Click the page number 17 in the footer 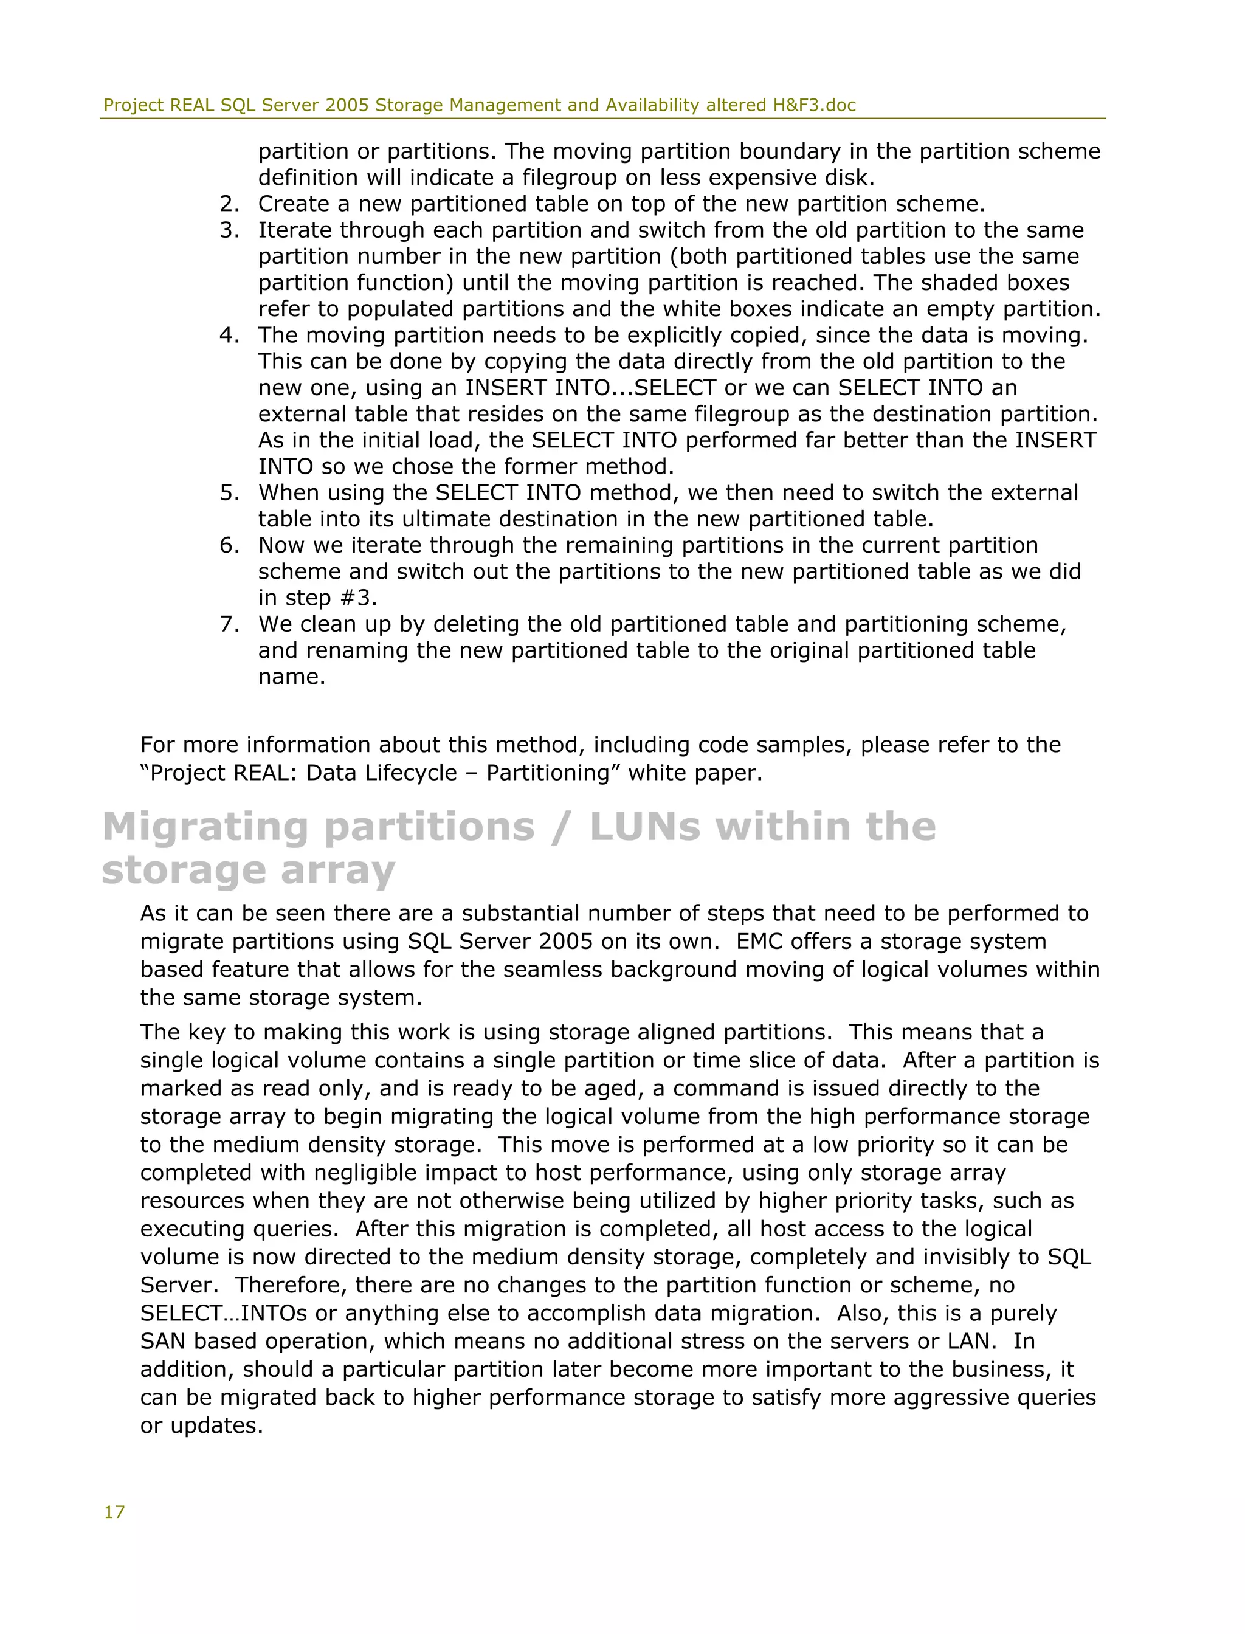[114, 1512]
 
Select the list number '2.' [229, 204]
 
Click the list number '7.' [229, 624]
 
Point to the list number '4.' [229, 335]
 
